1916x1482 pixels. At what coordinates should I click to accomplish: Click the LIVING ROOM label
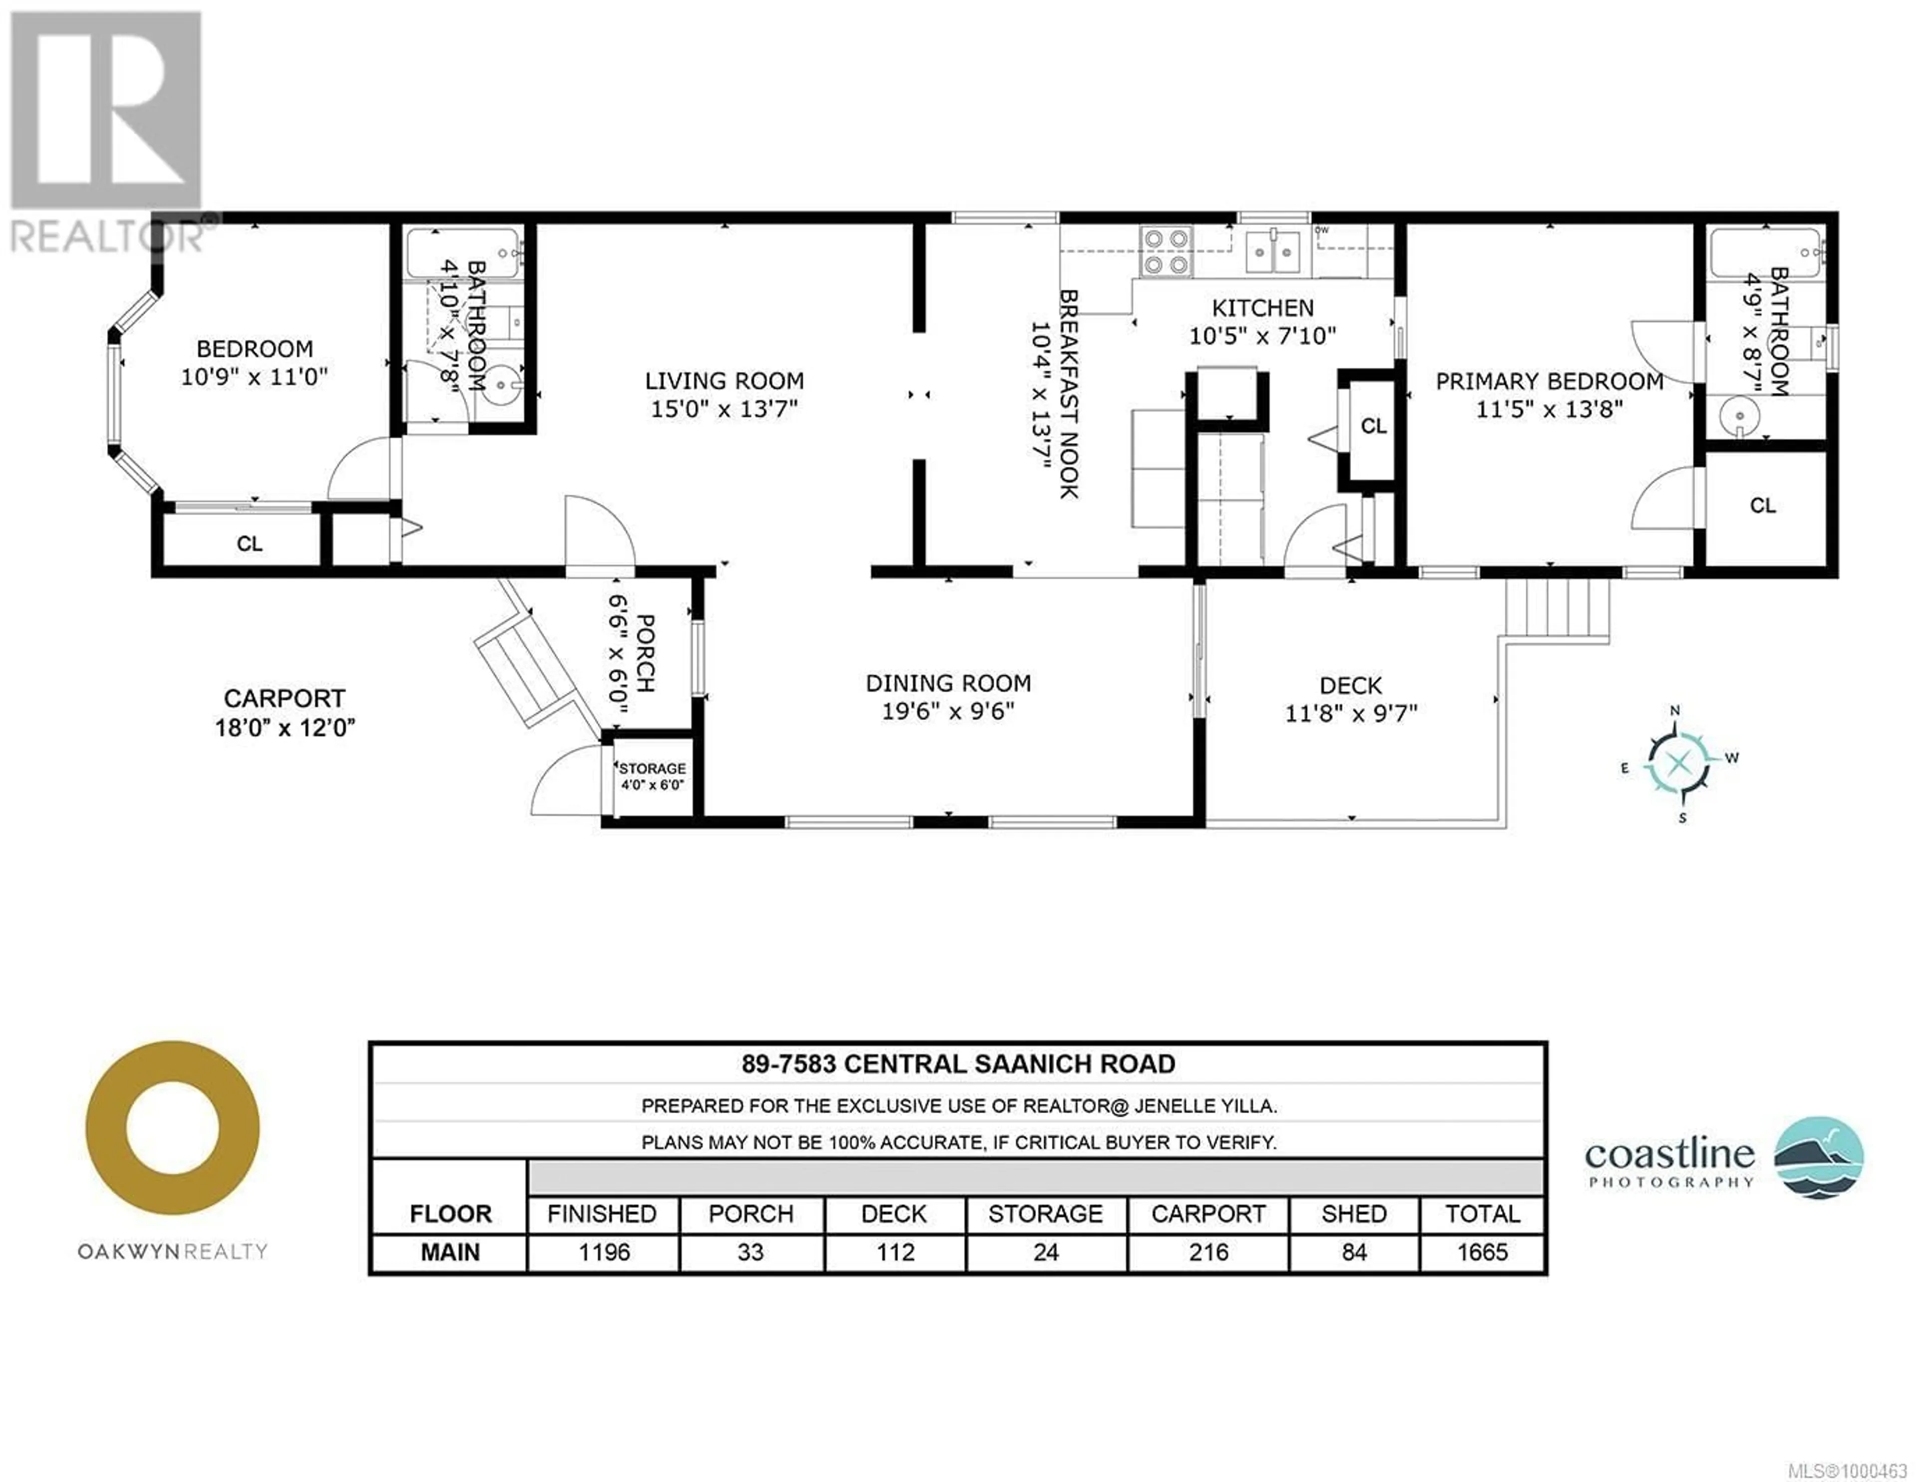point(724,381)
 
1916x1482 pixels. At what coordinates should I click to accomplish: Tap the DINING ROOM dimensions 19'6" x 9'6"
point(949,711)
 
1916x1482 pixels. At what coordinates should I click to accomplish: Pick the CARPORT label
point(284,698)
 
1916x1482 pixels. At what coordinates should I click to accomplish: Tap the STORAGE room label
point(653,769)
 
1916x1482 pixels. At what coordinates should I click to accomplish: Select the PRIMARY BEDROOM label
point(1549,382)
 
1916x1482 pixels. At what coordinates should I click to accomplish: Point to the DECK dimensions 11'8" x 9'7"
point(1351,713)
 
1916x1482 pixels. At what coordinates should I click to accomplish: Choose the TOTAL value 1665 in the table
point(1482,1252)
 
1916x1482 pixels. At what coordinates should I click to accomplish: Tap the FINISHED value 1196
point(604,1252)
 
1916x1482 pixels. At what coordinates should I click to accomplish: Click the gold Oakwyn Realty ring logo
point(172,1128)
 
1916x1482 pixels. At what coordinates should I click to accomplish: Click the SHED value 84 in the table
point(1354,1252)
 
